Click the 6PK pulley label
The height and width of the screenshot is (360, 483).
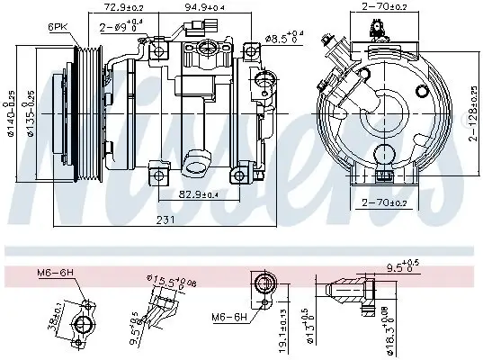[57, 28]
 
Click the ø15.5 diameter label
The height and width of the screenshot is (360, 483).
[166, 283]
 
